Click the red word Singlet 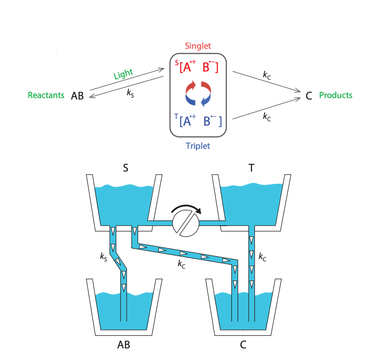(x=198, y=46)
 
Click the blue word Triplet (x=198, y=145)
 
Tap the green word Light (x=123, y=75)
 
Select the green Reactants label (x=46, y=95)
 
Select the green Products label (x=336, y=95)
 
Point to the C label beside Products (x=309, y=96)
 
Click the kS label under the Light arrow (x=131, y=94)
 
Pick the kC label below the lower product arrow (x=267, y=116)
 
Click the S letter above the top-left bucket (x=126, y=168)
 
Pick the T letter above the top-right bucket (x=252, y=168)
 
